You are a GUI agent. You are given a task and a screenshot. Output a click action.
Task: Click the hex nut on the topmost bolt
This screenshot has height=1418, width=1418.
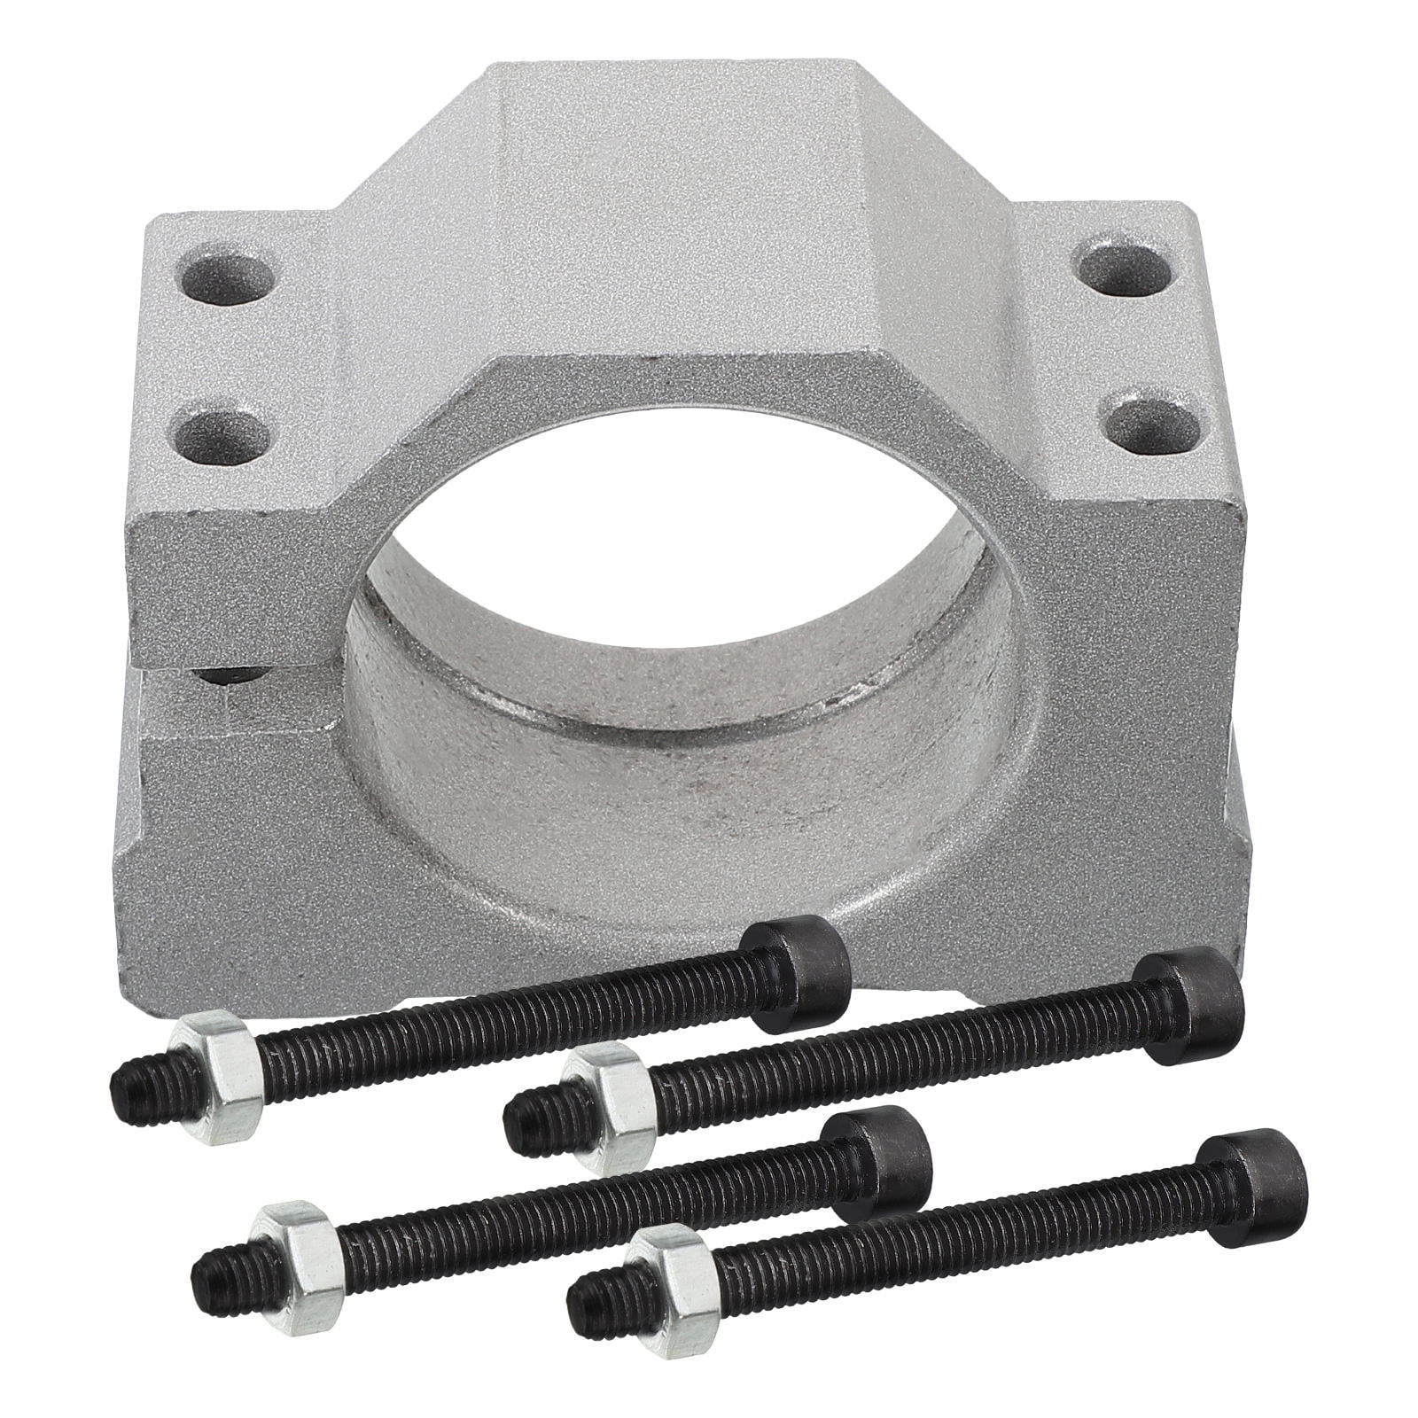[x=217, y=1068]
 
